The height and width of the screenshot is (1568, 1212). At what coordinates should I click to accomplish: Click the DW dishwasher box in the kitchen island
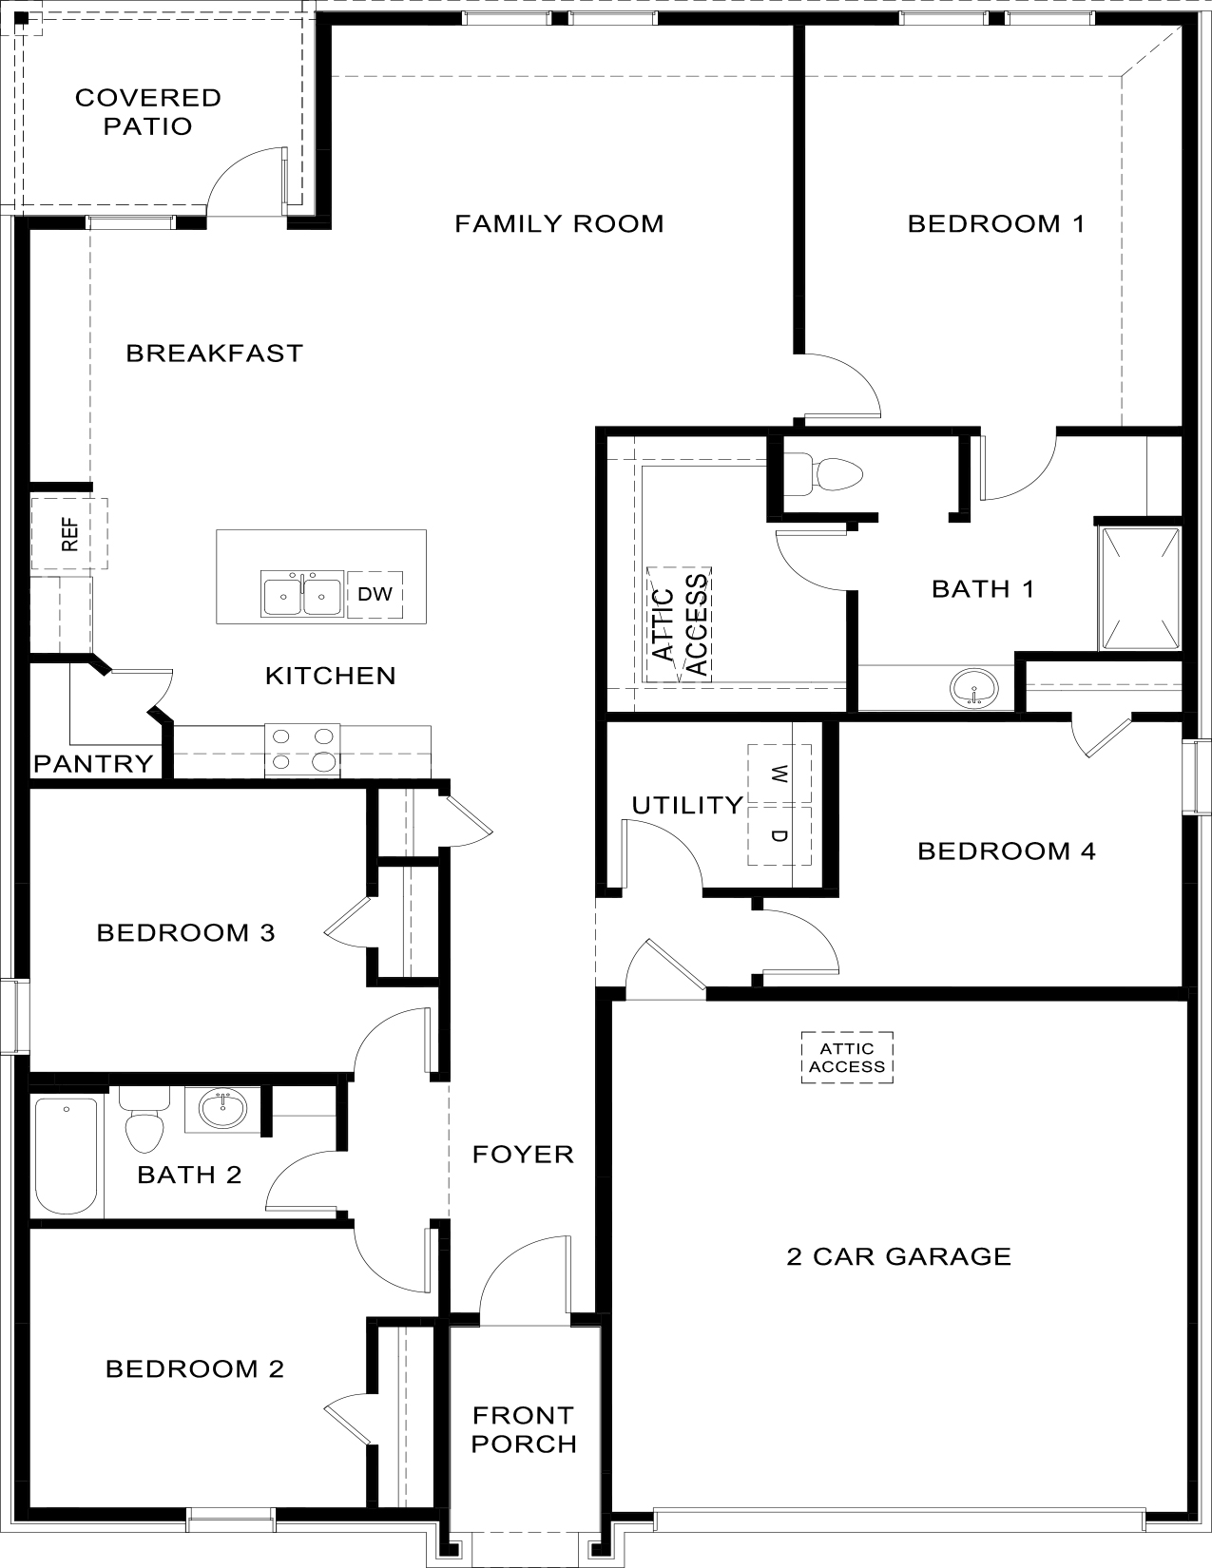[x=375, y=595]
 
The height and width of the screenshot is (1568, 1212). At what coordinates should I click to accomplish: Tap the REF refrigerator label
[x=69, y=534]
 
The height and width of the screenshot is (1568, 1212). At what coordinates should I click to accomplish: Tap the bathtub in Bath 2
[x=67, y=1156]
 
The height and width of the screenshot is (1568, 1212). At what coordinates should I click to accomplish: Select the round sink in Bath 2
[x=223, y=1108]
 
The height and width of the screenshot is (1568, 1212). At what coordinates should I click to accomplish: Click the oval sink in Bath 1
[x=974, y=687]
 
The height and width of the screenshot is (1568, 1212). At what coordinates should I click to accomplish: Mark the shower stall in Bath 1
[x=1139, y=587]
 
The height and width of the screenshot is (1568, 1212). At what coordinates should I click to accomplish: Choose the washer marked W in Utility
[x=779, y=774]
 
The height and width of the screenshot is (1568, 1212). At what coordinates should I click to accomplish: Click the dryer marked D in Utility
[x=779, y=835]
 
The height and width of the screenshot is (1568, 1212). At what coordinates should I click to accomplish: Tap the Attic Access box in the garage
[x=847, y=1058]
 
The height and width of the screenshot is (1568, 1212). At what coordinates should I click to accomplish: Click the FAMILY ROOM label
[x=559, y=224]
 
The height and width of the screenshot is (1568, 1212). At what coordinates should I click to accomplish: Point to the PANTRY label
[x=93, y=763]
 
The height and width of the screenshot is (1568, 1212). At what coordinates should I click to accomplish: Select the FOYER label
[x=523, y=1155]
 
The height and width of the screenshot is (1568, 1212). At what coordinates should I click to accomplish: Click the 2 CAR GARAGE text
[x=898, y=1256]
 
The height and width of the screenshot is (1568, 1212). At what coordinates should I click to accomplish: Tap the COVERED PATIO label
[x=148, y=112]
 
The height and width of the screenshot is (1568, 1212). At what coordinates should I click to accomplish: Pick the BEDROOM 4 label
[x=1006, y=851]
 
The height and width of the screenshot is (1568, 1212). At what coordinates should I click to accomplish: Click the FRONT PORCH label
[x=523, y=1430]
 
